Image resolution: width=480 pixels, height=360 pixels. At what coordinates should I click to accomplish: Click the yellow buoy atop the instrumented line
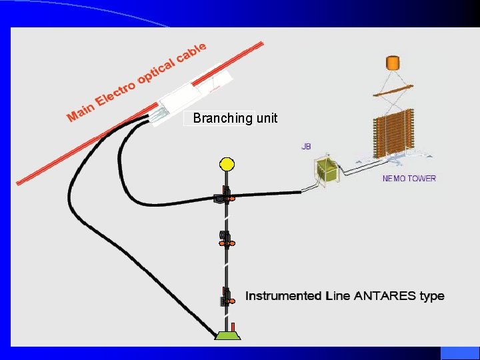227,163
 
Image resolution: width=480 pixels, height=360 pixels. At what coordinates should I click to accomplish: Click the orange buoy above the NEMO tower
393,64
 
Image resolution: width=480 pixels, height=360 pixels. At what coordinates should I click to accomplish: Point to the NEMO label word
394,178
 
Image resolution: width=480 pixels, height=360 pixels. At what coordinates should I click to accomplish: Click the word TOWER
421,178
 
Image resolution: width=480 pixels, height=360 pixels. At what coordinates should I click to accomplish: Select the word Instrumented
283,295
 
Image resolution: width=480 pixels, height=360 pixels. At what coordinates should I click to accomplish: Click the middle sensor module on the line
225,239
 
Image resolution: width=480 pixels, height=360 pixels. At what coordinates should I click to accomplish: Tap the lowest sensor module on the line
226,297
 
